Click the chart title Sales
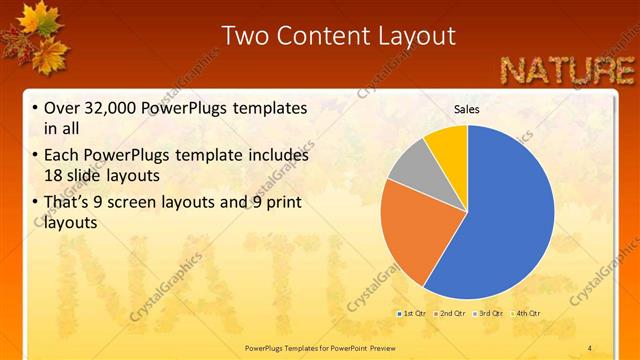click(x=467, y=108)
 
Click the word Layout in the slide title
click(x=413, y=37)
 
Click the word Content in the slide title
click(x=319, y=37)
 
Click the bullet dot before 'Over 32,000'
click(x=35, y=108)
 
